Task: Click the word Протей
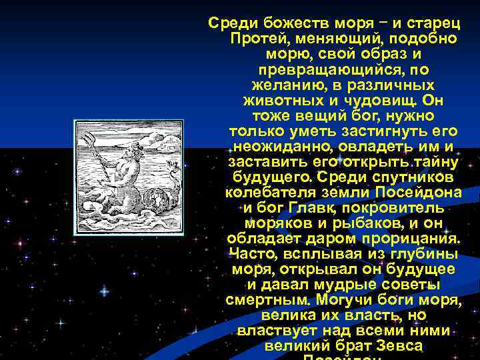252,38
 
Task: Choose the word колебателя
272,193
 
